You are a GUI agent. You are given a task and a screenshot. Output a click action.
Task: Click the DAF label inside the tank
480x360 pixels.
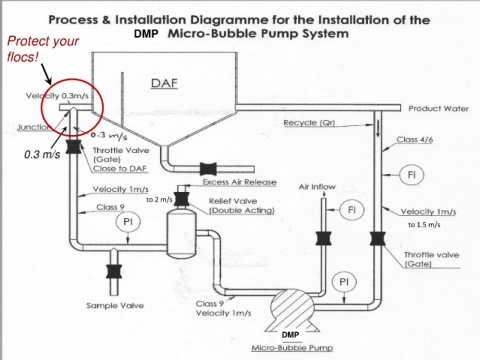click(x=164, y=83)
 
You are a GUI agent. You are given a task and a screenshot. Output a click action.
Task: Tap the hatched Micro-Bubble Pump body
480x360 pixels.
click(x=291, y=306)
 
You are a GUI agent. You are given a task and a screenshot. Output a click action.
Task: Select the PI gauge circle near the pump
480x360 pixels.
click(x=344, y=282)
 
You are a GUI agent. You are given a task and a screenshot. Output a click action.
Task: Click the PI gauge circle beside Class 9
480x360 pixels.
click(x=128, y=222)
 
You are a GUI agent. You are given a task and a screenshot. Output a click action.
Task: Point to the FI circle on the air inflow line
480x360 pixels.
click(x=352, y=210)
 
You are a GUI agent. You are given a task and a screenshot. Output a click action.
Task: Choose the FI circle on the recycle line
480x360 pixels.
click(x=412, y=175)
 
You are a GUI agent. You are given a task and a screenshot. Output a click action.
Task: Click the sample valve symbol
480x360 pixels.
click(x=114, y=271)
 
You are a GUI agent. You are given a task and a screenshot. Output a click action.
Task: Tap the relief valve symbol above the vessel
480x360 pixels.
click(x=182, y=199)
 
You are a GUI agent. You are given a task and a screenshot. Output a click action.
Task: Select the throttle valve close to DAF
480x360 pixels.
click(x=74, y=147)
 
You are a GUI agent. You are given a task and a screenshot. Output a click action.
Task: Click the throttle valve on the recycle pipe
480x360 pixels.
click(x=378, y=239)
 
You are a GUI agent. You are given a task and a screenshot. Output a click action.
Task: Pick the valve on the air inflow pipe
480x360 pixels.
click(x=324, y=239)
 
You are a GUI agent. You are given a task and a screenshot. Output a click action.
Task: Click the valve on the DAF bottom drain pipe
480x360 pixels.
click(x=208, y=169)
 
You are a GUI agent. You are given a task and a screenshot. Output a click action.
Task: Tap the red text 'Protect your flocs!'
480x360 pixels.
click(x=43, y=49)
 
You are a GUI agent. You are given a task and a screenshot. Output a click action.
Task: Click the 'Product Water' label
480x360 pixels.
click(x=439, y=109)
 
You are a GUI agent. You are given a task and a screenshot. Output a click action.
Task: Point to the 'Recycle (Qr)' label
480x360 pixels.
click(x=309, y=123)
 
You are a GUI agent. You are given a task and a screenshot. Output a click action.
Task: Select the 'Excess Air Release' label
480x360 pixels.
click(x=240, y=182)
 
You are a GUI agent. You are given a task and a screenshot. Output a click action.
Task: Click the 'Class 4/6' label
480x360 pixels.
click(x=415, y=139)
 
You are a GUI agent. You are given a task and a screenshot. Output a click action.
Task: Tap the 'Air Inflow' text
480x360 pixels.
click(x=317, y=187)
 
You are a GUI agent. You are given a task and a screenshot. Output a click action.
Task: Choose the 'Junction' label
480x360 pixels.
click(x=33, y=127)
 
